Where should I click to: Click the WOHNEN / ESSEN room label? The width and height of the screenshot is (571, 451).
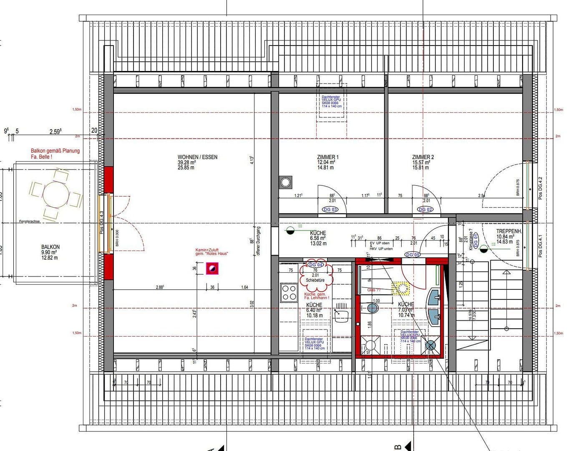(x=197, y=157)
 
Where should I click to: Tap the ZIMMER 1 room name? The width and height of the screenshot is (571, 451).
(x=327, y=157)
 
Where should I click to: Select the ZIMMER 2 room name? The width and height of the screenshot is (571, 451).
(x=423, y=157)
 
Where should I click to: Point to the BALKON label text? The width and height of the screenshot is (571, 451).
(x=50, y=247)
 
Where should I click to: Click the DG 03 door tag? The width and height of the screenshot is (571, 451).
(x=330, y=209)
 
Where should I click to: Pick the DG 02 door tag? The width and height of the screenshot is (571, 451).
(x=425, y=209)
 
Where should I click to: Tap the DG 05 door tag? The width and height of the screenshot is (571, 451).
(x=413, y=255)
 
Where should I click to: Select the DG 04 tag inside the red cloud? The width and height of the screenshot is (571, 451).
(x=316, y=265)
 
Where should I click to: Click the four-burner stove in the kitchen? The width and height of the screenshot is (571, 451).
(x=289, y=292)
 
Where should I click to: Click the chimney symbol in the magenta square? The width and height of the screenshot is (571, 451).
(x=212, y=269)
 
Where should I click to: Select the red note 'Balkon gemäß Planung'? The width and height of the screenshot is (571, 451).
(x=55, y=151)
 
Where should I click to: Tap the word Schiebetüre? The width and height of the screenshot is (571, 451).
(x=315, y=280)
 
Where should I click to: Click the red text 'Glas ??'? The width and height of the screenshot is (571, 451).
(x=374, y=290)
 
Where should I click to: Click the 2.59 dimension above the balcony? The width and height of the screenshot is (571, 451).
(x=55, y=132)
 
